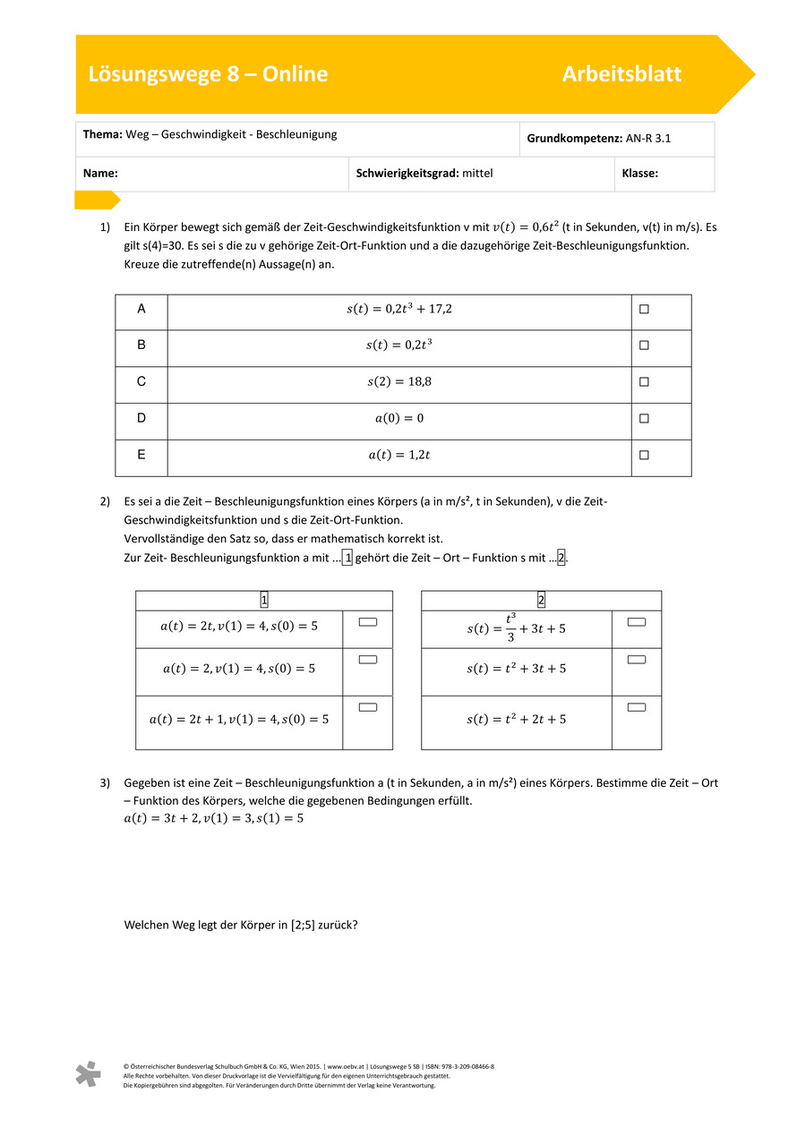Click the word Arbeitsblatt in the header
(x=621, y=74)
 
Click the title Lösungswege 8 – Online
(x=208, y=74)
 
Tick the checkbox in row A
(x=644, y=310)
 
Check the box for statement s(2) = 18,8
(x=644, y=382)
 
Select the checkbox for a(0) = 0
(x=644, y=418)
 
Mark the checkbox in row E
(x=644, y=455)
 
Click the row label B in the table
(x=141, y=345)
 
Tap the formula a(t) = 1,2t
(x=398, y=455)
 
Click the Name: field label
(x=101, y=174)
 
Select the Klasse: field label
(x=639, y=174)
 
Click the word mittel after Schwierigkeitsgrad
(x=477, y=174)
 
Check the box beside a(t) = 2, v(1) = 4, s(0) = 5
(x=367, y=660)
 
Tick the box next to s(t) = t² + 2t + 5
(x=637, y=707)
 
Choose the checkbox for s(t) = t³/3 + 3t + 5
(x=637, y=621)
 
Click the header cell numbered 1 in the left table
(x=264, y=601)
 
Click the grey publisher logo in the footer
(x=88, y=1074)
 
